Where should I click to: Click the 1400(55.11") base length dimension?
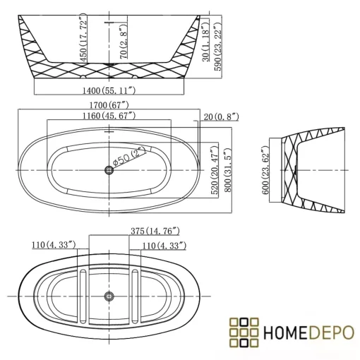[109, 90]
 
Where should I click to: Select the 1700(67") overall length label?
[109, 105]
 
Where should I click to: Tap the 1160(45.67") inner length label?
[109, 116]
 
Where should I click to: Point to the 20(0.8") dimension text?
[221, 116]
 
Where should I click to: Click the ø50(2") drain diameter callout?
[129, 157]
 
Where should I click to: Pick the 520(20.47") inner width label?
[215, 170]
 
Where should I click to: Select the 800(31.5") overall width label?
[227, 170]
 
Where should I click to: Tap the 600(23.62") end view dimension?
[265, 170]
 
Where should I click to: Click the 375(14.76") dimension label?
[155, 231]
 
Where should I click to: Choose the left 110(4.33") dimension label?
[54, 245]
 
